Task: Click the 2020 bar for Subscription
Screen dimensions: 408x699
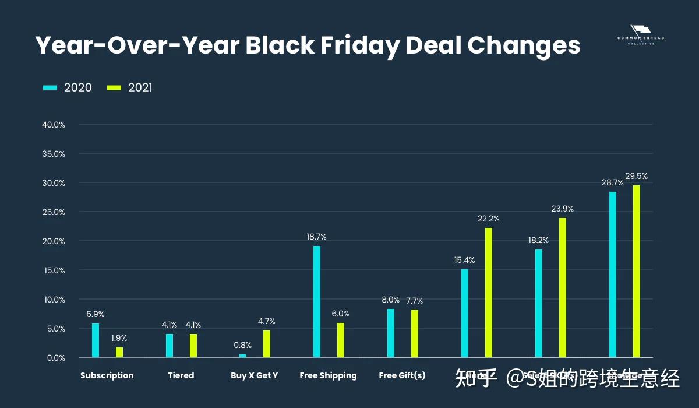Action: click(x=96, y=340)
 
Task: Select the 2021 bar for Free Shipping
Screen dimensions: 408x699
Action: click(x=341, y=340)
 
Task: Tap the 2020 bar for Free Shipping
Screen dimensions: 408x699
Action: click(x=317, y=301)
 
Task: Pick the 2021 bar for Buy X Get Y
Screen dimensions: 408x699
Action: click(x=267, y=344)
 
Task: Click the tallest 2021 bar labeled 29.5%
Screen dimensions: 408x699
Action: click(x=636, y=271)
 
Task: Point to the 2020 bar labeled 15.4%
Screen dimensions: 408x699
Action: click(x=465, y=313)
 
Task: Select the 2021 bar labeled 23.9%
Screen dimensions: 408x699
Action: click(x=563, y=287)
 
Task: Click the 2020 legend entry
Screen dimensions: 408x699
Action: click(x=68, y=87)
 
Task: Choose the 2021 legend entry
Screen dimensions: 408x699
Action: click(x=130, y=87)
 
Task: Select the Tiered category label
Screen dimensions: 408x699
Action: click(x=181, y=375)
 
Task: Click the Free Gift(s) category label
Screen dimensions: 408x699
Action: click(x=402, y=375)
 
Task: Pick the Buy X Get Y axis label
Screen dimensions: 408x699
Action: click(x=255, y=375)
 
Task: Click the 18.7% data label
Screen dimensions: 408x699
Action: click(x=317, y=237)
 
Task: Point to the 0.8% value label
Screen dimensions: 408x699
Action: click(x=243, y=345)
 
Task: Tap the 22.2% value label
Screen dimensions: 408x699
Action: click(x=489, y=219)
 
